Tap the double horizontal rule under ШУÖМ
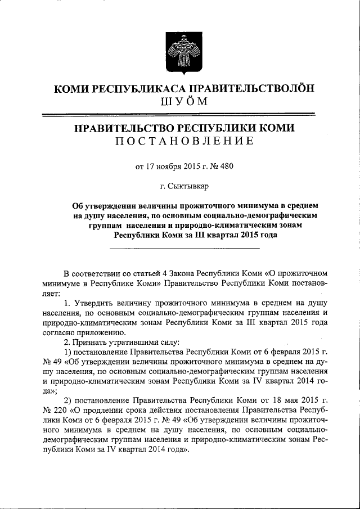click(180, 115)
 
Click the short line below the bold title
click(184, 247)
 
